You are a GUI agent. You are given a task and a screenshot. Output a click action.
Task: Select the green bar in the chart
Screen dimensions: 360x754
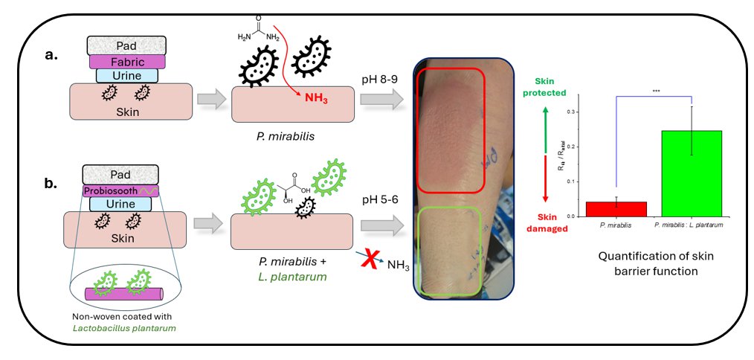pos(692,173)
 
